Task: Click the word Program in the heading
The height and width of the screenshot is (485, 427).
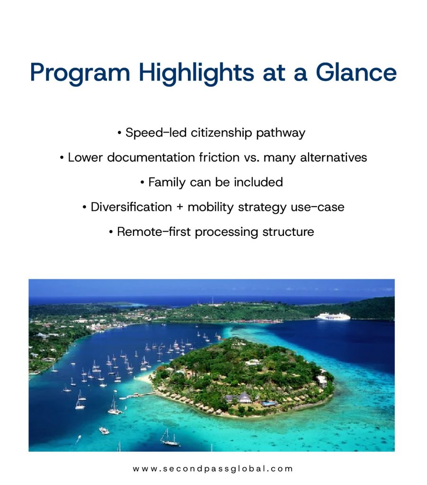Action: tap(80, 73)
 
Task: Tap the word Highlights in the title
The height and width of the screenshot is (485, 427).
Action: tap(196, 73)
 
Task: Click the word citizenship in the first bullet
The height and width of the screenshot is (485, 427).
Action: tap(222, 133)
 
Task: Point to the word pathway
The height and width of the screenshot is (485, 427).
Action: tap(281, 134)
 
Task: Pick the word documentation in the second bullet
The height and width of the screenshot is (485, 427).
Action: tap(151, 157)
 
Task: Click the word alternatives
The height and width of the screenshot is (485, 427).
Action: tap(334, 157)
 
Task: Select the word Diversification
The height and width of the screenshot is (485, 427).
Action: tap(131, 207)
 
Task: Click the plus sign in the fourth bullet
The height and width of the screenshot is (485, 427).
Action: tap(180, 207)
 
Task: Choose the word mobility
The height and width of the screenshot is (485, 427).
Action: tap(211, 207)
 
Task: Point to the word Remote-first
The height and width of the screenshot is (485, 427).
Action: tap(154, 232)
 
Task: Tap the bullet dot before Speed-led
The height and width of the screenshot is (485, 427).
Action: tap(119, 133)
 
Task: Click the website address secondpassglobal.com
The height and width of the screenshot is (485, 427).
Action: tap(213, 468)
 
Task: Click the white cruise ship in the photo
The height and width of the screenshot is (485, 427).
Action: tap(332, 316)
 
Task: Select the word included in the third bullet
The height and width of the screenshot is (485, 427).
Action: tap(258, 182)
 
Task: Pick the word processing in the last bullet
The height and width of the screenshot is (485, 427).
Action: tap(226, 232)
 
